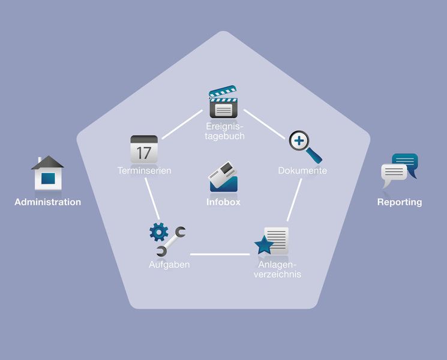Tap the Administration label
[47, 202]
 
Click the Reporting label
[399, 202]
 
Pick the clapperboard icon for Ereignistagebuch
[223, 104]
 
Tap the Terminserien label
[144, 171]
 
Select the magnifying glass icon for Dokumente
[304, 146]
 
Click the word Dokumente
[302, 171]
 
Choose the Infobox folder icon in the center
[223, 177]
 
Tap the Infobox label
[223, 202]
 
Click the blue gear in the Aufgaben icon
[158, 232]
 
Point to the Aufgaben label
[169, 265]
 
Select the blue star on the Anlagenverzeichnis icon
[263, 245]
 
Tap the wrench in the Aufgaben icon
[173, 241]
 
